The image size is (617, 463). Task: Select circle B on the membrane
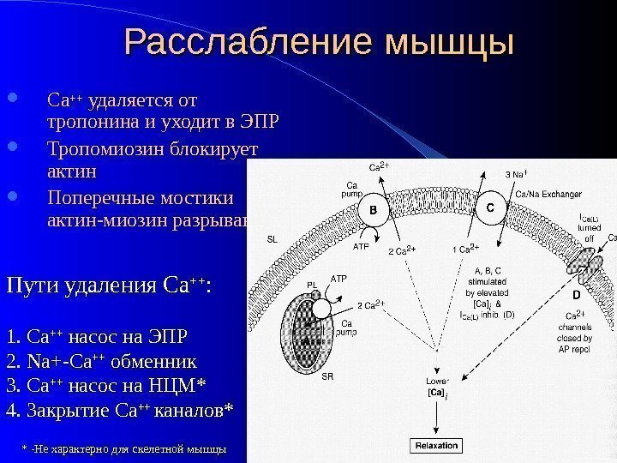tap(374, 209)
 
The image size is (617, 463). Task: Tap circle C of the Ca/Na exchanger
tap(490, 208)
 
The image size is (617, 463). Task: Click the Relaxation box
tap(437, 446)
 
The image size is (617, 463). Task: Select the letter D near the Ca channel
tap(577, 294)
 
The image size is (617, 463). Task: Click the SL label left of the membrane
tap(273, 239)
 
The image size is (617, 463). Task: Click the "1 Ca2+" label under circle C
tap(464, 250)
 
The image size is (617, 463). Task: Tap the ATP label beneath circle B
tap(361, 246)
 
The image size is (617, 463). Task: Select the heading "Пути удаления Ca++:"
tap(109, 284)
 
